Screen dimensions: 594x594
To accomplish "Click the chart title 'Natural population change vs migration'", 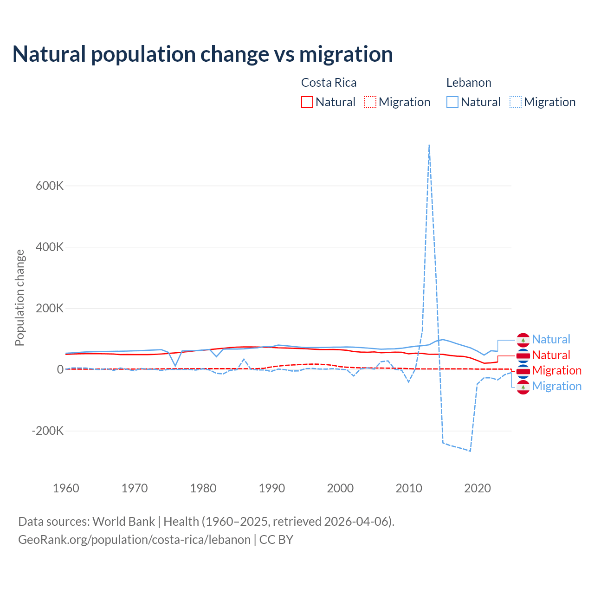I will click(x=202, y=54).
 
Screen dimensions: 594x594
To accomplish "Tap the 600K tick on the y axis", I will click(x=50, y=186).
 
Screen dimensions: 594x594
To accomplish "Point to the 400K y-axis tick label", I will click(x=50, y=247).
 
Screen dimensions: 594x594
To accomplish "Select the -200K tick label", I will click(x=48, y=431).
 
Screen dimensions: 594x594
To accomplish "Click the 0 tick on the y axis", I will click(x=60, y=369).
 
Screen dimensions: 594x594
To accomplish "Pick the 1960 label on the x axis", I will click(x=66, y=488).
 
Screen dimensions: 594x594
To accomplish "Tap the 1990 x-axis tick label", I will click(x=272, y=488).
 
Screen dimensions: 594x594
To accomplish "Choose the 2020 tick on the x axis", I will click(x=478, y=488).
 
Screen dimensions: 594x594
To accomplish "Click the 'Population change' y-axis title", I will click(x=19, y=297).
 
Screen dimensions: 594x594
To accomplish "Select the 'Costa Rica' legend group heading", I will click(x=329, y=83).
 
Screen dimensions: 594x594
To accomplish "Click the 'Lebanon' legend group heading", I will click(x=469, y=83).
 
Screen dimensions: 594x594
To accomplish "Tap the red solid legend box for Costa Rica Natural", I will click(x=307, y=102).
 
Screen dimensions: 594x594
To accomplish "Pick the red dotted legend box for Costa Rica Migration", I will click(x=370, y=102).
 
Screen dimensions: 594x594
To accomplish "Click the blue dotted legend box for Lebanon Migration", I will click(x=516, y=102).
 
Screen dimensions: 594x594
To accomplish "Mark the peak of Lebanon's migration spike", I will click(x=429, y=145).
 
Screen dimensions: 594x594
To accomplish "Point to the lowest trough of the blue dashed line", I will click(x=470, y=451).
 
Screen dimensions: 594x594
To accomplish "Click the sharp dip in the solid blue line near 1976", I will click(x=175, y=366).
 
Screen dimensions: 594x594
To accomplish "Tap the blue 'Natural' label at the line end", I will click(x=551, y=339).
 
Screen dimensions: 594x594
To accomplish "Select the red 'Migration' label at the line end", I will click(x=556, y=370).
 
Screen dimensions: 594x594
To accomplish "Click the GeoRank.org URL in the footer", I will click(x=134, y=540).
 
